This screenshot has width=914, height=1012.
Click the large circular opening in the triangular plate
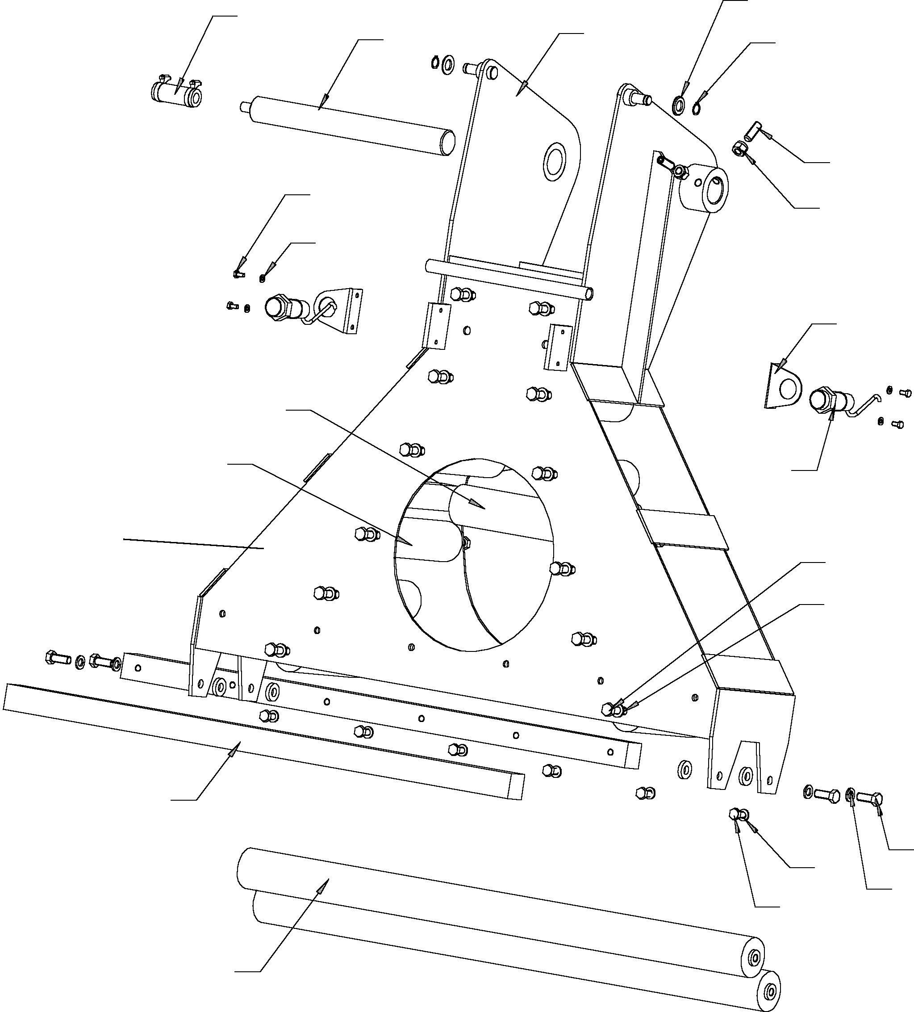tap(474, 554)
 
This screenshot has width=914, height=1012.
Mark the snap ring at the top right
tap(696, 107)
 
